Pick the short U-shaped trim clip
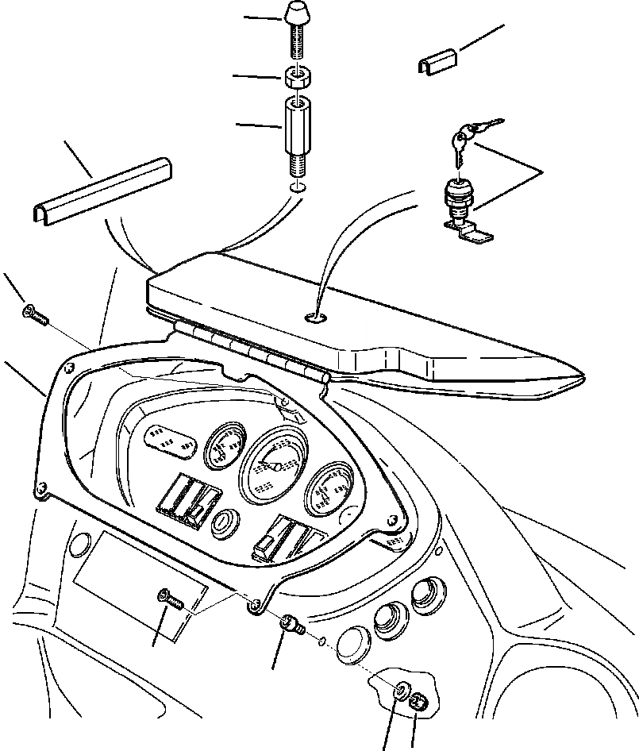(436, 63)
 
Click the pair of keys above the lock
(471, 136)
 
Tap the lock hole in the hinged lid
(316, 317)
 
